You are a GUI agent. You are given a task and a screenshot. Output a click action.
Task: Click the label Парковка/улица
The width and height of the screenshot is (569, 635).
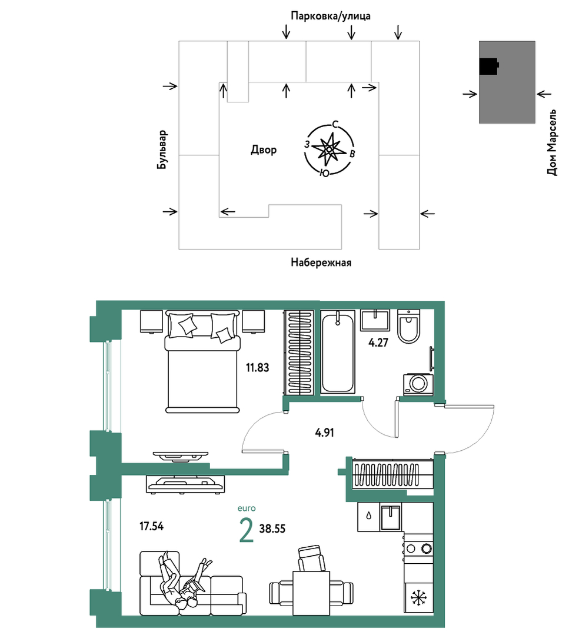point(331,16)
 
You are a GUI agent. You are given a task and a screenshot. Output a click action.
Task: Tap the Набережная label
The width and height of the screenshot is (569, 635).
point(321,262)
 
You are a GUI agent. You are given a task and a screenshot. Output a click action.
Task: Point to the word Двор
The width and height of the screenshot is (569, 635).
point(264,150)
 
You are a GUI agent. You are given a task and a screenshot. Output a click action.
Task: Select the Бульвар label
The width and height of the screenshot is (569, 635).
point(162,149)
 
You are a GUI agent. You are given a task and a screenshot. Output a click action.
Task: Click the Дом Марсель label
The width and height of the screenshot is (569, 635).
point(552,142)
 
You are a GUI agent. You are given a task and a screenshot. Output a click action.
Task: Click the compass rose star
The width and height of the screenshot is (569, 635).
point(329,149)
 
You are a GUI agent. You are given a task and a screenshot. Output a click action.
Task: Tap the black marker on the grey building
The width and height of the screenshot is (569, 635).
point(489,67)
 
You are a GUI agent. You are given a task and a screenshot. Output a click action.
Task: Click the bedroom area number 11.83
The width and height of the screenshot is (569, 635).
point(257,368)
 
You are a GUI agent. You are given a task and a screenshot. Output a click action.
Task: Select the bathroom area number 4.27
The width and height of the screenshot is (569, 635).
point(378,343)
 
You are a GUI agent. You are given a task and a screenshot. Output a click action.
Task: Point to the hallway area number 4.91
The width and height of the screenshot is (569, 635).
point(324,433)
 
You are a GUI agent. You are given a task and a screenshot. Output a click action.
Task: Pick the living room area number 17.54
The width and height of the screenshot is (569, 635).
point(151,527)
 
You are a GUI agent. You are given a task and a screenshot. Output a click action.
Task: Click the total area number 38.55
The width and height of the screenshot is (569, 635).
point(272,528)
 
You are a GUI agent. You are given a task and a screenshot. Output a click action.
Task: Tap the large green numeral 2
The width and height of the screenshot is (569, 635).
point(246,531)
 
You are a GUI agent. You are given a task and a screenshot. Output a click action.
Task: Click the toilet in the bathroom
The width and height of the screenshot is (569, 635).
point(408,326)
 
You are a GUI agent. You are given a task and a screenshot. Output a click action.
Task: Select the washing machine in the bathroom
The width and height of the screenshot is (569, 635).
point(418,384)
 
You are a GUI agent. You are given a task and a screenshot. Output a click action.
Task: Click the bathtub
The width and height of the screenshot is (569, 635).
point(338,351)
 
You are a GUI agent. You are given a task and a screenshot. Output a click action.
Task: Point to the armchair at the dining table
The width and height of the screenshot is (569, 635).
point(311,558)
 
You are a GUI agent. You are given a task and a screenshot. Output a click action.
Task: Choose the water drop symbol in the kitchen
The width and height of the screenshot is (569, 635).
point(368,516)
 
